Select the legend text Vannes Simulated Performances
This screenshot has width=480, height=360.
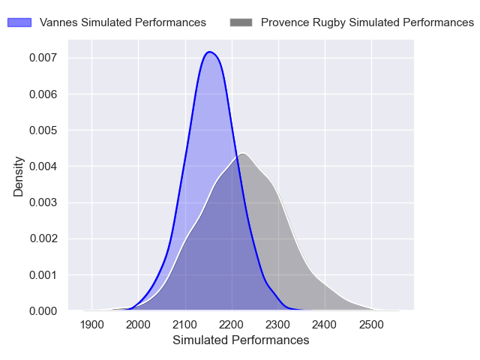click(123, 22)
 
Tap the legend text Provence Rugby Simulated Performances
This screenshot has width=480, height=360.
click(367, 22)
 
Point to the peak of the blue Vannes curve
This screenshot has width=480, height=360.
click(210, 52)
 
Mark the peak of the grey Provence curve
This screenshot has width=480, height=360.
click(243, 154)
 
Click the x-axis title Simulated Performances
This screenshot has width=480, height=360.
click(241, 340)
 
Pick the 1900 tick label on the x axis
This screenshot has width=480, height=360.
click(91, 324)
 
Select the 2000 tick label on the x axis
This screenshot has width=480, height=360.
click(138, 324)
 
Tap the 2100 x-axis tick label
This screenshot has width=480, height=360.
click(184, 324)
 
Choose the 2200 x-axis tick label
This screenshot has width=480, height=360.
click(232, 324)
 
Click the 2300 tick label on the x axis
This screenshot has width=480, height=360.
click(278, 324)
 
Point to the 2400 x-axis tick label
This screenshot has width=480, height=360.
click(325, 324)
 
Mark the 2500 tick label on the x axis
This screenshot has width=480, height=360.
click(371, 324)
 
